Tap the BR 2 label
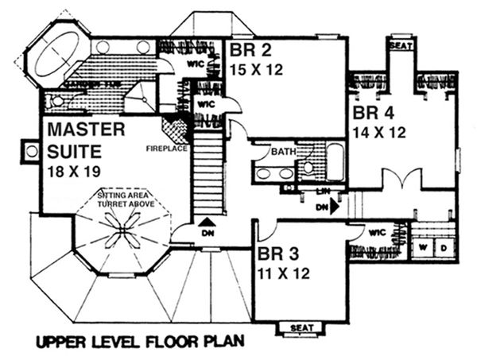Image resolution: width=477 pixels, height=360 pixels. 246,51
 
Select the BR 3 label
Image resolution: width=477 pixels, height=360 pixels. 278,256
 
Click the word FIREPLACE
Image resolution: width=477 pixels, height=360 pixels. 165,148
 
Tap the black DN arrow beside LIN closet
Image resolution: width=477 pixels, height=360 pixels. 335,206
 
